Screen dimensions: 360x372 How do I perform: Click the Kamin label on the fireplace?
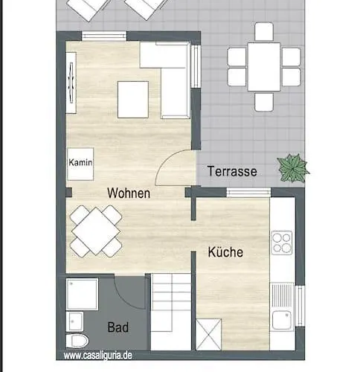coord(80,163)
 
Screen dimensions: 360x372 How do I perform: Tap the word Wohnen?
coord(129,193)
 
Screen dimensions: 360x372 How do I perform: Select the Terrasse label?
coord(232,171)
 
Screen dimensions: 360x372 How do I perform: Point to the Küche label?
coord(225,251)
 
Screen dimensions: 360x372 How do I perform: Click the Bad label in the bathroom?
coord(118,327)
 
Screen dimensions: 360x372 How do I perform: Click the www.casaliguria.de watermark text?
coord(97,356)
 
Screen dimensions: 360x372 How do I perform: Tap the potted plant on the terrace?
coord(293,168)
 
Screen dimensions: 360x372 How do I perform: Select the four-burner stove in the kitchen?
coord(282,243)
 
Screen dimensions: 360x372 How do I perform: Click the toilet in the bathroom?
coord(77,341)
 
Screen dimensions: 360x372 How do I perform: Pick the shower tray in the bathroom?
coord(82,294)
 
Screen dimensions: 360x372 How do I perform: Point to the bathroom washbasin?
coord(74,321)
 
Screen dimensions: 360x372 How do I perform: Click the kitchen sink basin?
coord(281,320)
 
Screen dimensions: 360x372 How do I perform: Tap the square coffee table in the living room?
coord(133,100)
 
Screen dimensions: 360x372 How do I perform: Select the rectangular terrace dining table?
coord(264,67)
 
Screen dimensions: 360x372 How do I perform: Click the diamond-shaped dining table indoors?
coord(96,231)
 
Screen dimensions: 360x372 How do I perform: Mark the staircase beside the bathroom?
coord(171,312)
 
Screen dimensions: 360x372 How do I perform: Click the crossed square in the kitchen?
coord(208,335)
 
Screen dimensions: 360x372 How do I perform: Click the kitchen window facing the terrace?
coord(248,193)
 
